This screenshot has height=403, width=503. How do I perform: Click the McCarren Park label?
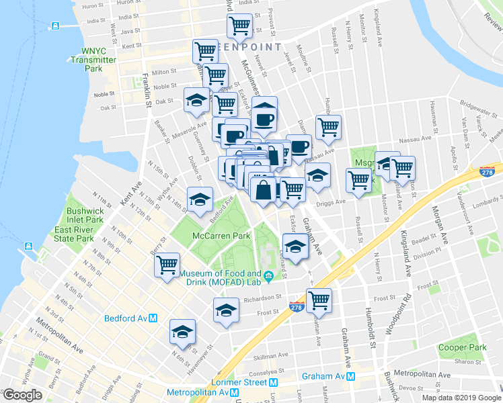(221, 236)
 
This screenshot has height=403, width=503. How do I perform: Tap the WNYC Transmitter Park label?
(100, 59)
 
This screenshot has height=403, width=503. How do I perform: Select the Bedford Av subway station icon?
(153, 318)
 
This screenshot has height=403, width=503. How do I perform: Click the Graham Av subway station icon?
(350, 377)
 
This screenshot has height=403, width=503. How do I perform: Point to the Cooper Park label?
(461, 347)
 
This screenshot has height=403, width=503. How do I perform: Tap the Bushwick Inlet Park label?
(85, 215)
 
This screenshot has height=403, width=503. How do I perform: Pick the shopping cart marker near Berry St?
(167, 263)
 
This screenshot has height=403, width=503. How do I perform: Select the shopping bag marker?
(262, 189)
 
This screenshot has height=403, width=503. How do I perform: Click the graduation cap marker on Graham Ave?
(295, 246)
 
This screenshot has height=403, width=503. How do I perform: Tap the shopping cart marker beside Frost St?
(319, 300)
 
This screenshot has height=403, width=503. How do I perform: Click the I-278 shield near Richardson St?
(296, 307)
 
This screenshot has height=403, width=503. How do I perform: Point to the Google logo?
(22, 395)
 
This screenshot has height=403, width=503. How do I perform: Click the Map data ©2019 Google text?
(461, 398)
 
